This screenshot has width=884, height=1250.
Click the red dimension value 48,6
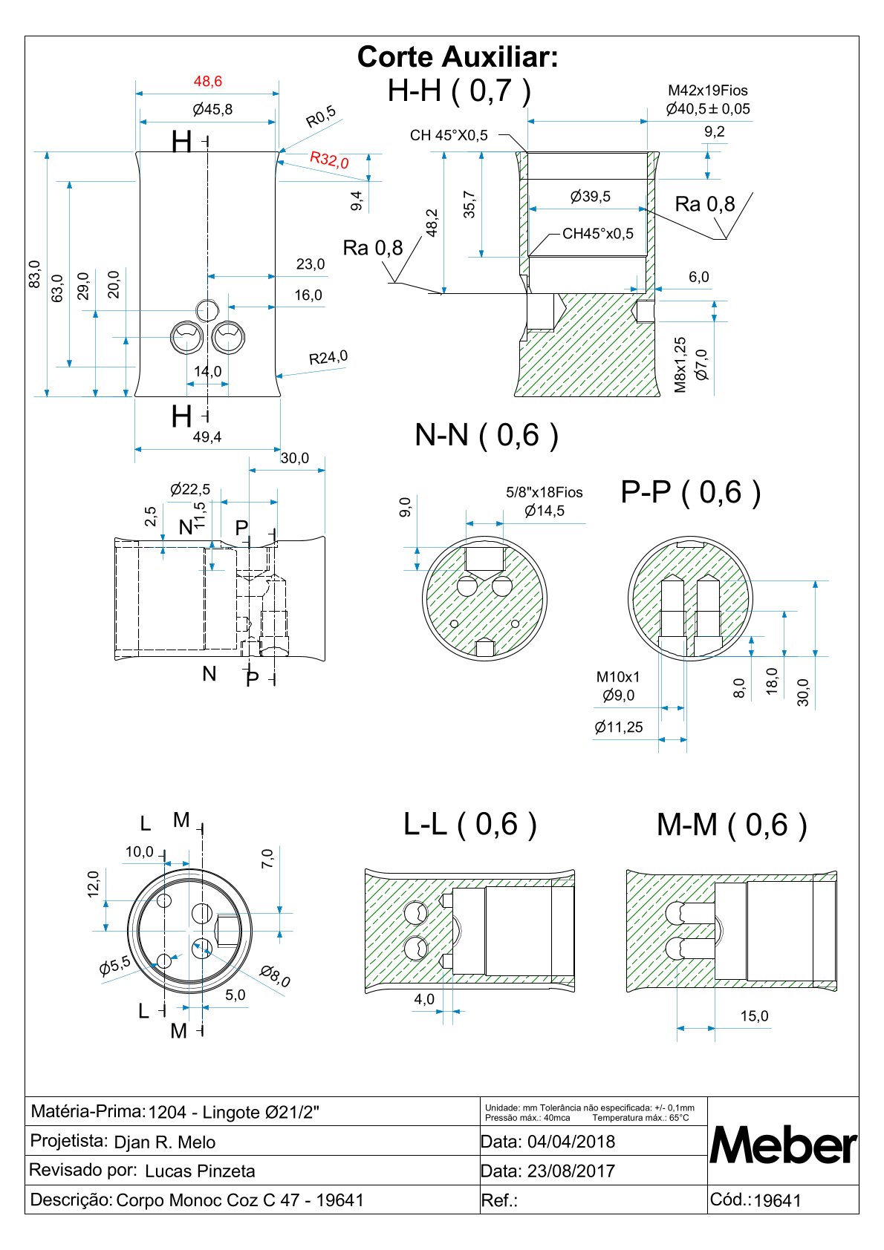click(x=208, y=82)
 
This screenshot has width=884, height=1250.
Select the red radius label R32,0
click(x=330, y=160)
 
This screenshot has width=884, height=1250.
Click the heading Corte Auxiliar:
click(x=458, y=57)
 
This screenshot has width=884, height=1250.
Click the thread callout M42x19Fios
click(x=707, y=91)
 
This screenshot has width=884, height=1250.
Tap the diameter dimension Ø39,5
click(x=591, y=197)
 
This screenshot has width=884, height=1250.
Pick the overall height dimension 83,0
click(x=35, y=274)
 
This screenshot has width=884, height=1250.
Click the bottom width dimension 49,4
click(x=207, y=437)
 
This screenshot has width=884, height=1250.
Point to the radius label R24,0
click(x=328, y=357)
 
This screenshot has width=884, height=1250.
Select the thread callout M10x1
click(x=617, y=677)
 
